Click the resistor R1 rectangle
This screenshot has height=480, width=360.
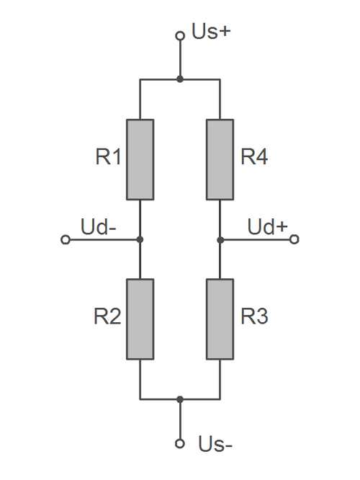(x=140, y=159)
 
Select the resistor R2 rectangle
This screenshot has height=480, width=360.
(x=140, y=319)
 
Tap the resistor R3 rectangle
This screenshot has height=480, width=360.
(x=220, y=319)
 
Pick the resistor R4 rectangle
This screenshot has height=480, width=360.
(x=220, y=159)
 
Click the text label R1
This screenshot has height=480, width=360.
(x=108, y=158)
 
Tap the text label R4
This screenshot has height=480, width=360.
(x=254, y=158)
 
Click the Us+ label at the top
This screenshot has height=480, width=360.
(x=210, y=34)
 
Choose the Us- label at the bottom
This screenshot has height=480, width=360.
(x=215, y=445)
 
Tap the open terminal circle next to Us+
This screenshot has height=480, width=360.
(x=180, y=35)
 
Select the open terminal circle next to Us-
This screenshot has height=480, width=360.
(x=180, y=443)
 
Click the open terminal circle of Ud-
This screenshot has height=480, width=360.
(x=65, y=239)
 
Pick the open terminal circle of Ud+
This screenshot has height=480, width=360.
(x=294, y=239)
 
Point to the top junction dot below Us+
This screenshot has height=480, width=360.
(x=180, y=79)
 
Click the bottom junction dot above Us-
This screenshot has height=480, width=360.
(x=180, y=399)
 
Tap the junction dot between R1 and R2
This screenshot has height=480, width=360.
(x=140, y=239)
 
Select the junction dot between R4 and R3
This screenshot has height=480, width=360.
(x=220, y=239)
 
